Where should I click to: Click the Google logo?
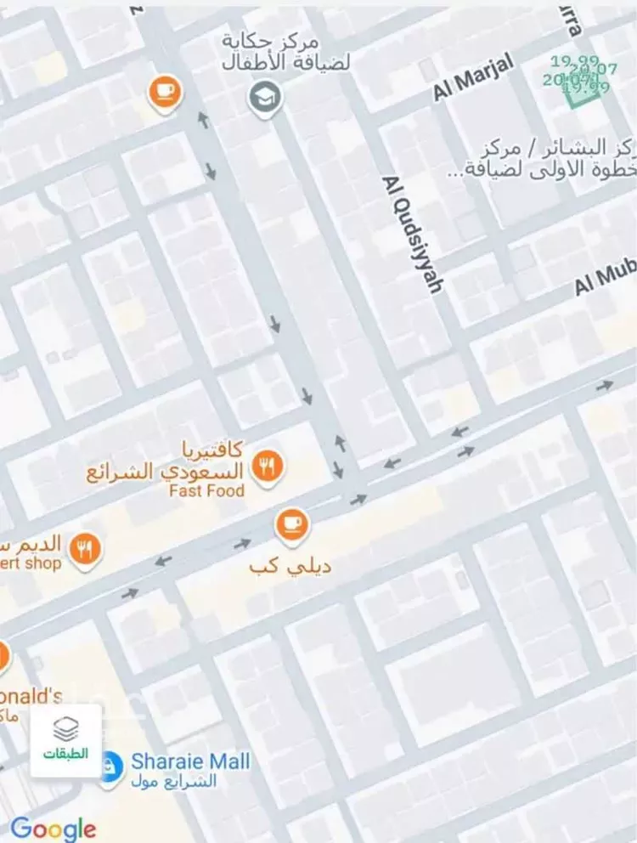click(x=53, y=829)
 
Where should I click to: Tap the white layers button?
click(x=66, y=739)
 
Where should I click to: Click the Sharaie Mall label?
click(x=190, y=761)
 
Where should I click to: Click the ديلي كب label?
click(x=290, y=565)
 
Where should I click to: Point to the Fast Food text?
click(x=206, y=490)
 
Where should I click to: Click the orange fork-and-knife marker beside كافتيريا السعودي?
click(x=268, y=466)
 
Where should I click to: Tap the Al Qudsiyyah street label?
click(x=413, y=235)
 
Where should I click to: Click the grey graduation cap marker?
click(x=264, y=98)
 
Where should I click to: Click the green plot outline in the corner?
click(x=582, y=87)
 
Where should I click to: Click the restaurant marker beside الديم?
click(x=84, y=550)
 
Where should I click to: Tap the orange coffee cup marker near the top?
click(x=165, y=91)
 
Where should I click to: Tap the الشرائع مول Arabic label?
click(x=174, y=781)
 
